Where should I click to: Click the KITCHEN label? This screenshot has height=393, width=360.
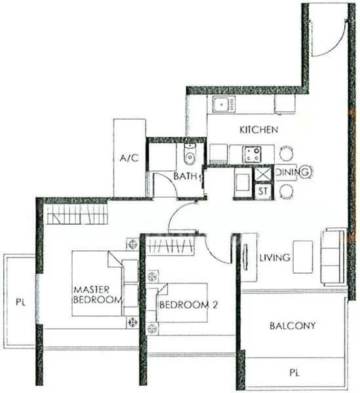click(x=258, y=130)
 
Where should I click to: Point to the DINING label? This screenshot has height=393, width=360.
click(x=292, y=172)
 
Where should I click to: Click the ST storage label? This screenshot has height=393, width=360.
click(x=262, y=191)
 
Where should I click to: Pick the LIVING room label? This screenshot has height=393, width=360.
click(x=275, y=258)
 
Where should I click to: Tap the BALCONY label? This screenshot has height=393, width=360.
click(x=292, y=325)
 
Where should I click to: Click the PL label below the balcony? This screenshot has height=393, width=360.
click(x=292, y=373)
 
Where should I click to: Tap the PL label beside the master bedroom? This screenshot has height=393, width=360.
click(x=20, y=303)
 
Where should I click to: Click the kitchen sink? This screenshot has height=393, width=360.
click(x=224, y=103)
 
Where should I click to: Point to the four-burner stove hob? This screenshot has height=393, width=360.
click(x=252, y=155)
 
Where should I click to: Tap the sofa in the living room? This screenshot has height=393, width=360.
click(x=332, y=256)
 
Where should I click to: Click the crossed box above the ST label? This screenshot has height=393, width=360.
click(x=262, y=174)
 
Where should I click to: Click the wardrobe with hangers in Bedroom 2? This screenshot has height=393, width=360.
click(x=170, y=246)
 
